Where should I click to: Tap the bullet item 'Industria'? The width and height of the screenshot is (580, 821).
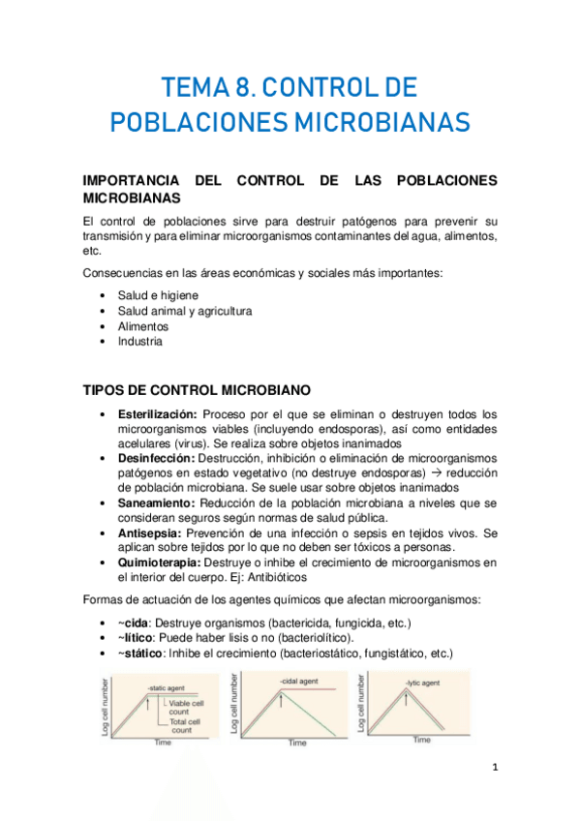(140, 341)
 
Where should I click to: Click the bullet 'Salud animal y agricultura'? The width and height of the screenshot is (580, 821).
(185, 311)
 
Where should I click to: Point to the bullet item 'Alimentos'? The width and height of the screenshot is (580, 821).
(143, 326)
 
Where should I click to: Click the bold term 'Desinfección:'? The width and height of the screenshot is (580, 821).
(156, 457)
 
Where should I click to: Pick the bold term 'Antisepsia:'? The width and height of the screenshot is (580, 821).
(151, 532)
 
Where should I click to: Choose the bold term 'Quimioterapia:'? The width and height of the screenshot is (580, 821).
(159, 563)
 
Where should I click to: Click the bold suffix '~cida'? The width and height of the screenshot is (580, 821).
(133, 623)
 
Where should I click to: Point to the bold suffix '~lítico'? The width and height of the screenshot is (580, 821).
(135, 638)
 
